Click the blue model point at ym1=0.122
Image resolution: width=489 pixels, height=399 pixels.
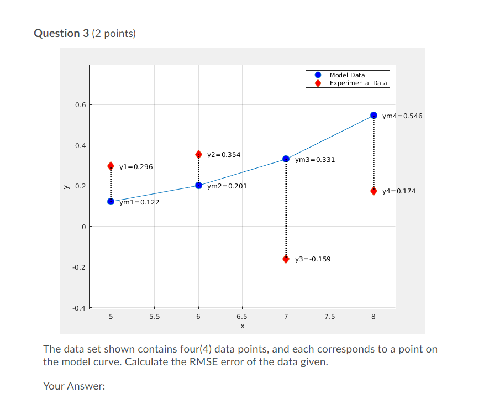click(111, 201)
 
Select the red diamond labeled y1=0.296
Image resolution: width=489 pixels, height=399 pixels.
click(111, 166)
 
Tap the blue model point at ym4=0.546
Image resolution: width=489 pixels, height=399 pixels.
click(374, 115)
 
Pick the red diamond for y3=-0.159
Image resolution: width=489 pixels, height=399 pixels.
click(286, 259)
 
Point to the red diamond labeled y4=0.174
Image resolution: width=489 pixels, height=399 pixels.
click(374, 191)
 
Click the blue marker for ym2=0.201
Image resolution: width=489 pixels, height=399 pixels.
click(198, 185)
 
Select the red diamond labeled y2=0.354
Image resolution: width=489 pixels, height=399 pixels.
click(198, 154)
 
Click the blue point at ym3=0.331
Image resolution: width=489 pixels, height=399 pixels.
click(286, 159)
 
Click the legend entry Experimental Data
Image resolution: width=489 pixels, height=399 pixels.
click(358, 83)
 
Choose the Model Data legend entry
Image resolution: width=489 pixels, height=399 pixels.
click(347, 75)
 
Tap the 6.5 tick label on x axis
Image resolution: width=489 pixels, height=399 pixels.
click(242, 317)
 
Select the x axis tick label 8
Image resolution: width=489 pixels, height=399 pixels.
click(374, 317)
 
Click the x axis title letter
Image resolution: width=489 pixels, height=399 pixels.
click(242, 326)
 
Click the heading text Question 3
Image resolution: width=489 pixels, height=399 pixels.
click(57, 33)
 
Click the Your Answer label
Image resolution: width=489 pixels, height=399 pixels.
click(74, 386)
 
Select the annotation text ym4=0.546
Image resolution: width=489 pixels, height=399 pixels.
click(402, 116)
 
